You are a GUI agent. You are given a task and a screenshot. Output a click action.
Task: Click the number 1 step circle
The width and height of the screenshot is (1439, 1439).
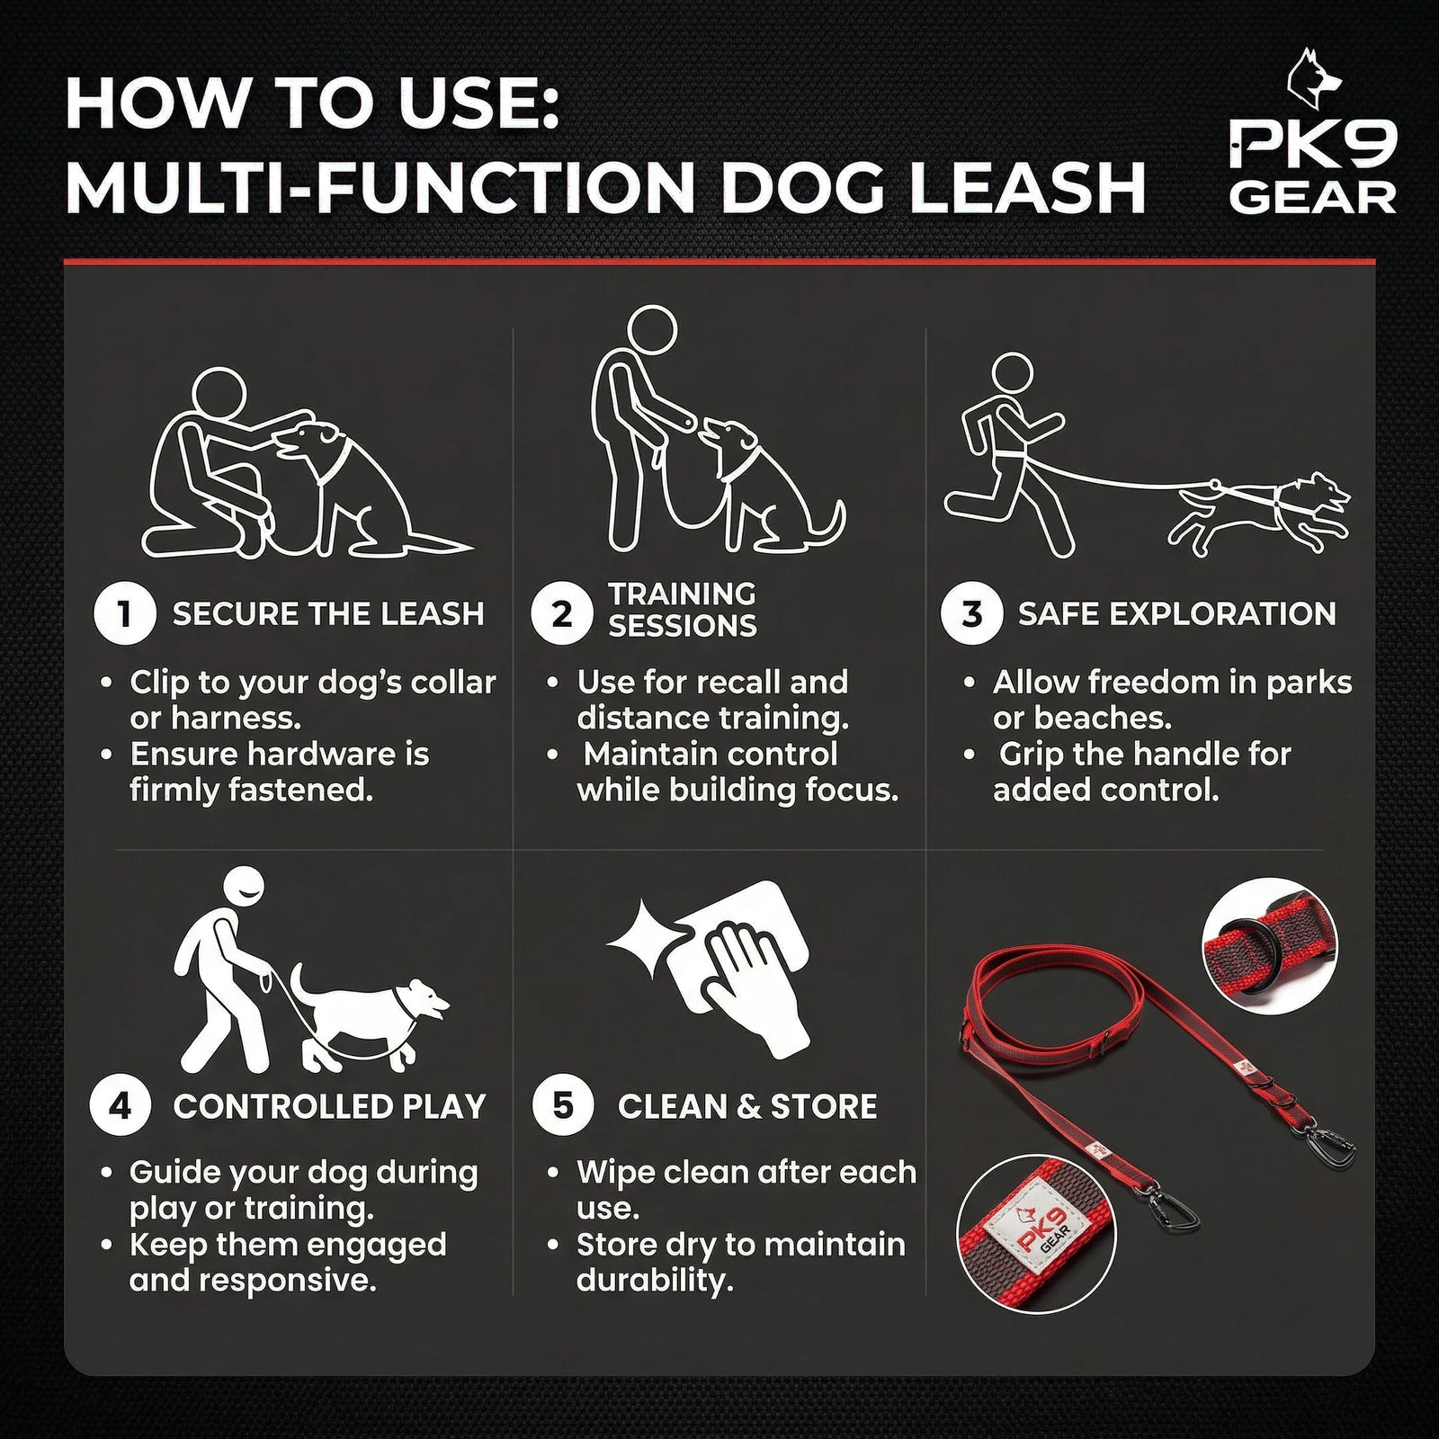125,614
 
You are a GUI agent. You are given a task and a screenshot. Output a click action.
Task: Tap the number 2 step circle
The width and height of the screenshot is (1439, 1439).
562,614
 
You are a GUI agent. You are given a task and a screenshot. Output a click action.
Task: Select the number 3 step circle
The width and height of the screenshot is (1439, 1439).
972,614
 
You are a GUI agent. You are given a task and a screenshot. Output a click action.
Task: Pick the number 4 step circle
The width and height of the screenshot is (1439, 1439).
121,1106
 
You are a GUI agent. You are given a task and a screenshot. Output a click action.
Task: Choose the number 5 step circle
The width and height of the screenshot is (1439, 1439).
563,1106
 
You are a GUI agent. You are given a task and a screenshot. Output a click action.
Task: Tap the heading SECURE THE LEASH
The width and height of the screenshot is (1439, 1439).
328,614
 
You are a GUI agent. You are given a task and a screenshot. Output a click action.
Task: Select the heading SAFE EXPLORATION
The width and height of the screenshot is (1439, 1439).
1176,614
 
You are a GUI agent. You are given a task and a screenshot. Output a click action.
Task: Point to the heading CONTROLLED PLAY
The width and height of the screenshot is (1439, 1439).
329,1106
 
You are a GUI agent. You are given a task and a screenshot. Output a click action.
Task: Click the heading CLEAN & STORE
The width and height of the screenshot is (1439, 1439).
747,1106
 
